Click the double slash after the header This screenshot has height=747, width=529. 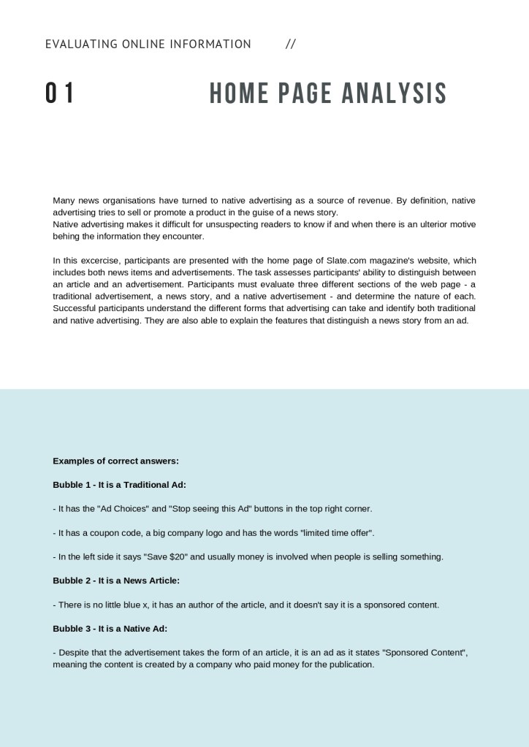291,44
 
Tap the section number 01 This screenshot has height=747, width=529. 60,93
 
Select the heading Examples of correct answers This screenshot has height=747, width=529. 115,461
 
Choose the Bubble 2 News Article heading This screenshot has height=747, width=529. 115,581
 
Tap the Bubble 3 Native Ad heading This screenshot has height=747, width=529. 110,628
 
